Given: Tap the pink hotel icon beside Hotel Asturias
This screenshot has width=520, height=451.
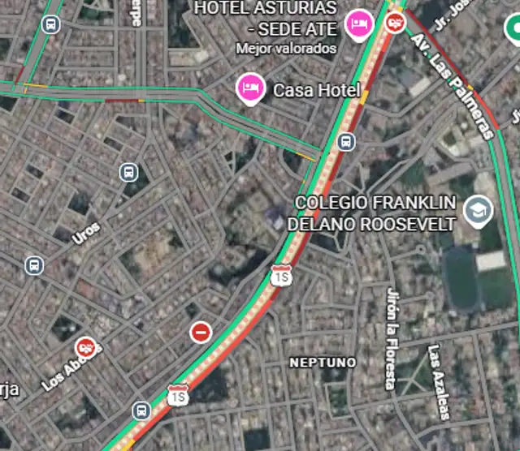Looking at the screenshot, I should pyautogui.click(x=357, y=24).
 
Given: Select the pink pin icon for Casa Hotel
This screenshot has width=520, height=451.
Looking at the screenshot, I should pyautogui.click(x=249, y=88).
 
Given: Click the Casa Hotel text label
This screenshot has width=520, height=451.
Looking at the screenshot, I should pyautogui.click(x=315, y=90).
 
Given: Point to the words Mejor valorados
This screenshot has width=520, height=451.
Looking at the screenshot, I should pyautogui.click(x=286, y=48).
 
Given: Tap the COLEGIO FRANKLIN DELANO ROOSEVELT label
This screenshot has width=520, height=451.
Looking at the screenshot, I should pyautogui.click(x=375, y=213).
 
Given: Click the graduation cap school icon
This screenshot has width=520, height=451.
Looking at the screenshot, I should pyautogui.click(x=478, y=212).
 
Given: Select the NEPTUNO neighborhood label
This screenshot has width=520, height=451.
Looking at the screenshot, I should pyautogui.click(x=323, y=362).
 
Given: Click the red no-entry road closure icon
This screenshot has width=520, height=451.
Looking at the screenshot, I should pyautogui.click(x=201, y=332).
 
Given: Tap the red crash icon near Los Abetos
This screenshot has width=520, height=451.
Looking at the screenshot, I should pyautogui.click(x=86, y=348).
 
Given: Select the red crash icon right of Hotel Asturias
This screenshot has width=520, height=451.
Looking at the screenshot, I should pyautogui.click(x=396, y=21).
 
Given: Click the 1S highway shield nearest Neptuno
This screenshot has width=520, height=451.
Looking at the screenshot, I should pyautogui.click(x=281, y=276).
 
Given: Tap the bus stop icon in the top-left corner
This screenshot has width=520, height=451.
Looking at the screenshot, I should pyautogui.click(x=52, y=24).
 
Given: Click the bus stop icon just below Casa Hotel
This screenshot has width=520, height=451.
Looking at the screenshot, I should pyautogui.click(x=346, y=143).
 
